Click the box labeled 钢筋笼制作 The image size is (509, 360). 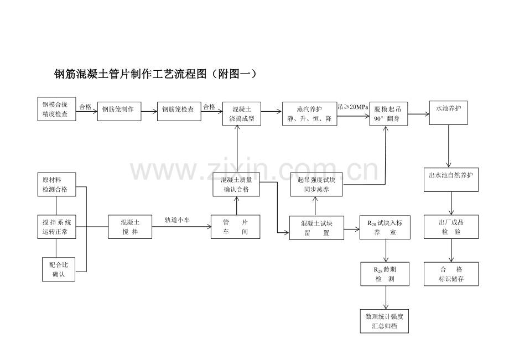pos(119,111)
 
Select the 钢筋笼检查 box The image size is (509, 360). pos(179,111)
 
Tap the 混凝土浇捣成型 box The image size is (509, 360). pos(242,113)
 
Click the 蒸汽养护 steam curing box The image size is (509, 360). pos(309,113)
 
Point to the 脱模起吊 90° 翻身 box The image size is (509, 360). pos(388,113)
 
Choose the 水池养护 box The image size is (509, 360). pos(448,113)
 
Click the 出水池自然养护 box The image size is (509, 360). pos(451,179)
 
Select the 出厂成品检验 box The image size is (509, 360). pos(451,227)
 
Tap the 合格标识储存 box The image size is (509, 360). pos(451,274)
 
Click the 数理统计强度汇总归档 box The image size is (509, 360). pos(385,321)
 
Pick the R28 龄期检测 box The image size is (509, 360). pos(385,274)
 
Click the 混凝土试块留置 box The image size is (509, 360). pos(316,228)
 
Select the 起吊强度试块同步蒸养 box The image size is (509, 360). pos(316,184)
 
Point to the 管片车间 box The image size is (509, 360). pos(235,227)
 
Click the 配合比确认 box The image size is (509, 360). pos(59,269)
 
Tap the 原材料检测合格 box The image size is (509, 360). pos(56,184)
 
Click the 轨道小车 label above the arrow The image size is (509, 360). pos(177,220)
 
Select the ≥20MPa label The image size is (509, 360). pos(356,107)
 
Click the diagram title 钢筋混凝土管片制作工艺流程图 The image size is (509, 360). pos(130,74)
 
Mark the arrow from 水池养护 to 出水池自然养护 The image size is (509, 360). pos(449,146)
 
